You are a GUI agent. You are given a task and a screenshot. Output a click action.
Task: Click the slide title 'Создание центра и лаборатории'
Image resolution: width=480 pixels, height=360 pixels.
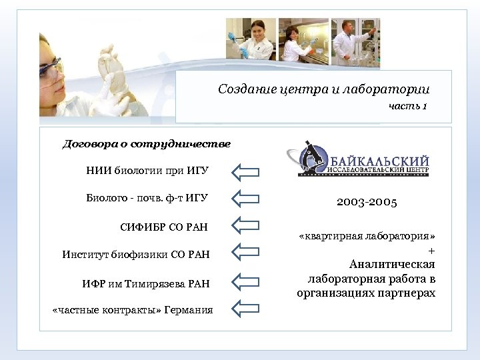pos(323,89)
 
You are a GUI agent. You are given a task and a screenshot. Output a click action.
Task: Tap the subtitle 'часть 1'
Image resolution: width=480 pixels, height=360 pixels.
pos(408,106)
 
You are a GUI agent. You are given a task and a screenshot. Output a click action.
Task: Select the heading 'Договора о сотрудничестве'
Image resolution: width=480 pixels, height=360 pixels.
pos(147,143)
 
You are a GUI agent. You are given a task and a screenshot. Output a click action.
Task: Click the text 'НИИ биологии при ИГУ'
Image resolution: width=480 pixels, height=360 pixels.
pos(147,171)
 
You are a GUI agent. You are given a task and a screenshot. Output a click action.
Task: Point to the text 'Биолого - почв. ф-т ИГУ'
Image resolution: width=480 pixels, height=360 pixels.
pos(147,197)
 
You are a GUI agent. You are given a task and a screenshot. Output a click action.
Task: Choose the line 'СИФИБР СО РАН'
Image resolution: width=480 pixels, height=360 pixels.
pos(164,227)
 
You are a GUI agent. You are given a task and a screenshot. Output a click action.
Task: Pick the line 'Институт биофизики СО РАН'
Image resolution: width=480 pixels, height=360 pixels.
pos(136,254)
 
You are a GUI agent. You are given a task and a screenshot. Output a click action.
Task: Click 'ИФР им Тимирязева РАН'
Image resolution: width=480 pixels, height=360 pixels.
pos(147,284)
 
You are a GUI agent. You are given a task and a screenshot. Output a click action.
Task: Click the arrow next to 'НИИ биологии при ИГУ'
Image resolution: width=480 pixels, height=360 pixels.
pos(245,172)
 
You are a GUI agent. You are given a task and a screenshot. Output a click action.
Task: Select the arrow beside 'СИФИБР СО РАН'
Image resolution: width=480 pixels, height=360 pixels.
pos(245,225)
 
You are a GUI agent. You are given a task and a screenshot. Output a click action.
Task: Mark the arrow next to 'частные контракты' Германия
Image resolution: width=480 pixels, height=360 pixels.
pos(245,308)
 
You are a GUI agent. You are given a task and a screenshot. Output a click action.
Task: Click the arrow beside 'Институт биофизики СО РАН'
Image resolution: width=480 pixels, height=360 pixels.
pos(245,252)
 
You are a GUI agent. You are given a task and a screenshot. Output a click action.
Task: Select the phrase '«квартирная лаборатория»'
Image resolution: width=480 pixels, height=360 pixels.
pos(366,237)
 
